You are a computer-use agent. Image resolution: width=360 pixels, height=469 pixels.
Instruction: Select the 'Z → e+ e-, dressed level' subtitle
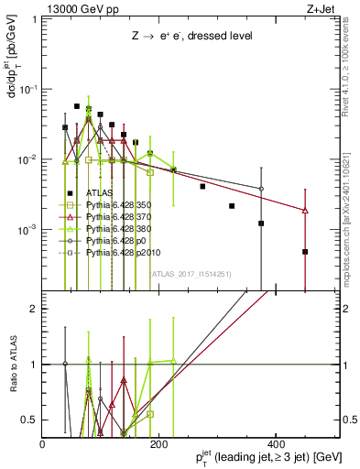point(191,36)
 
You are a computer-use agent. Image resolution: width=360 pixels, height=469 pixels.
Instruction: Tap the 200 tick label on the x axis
point(159,443)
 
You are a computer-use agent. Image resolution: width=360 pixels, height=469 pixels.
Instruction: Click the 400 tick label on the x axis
point(274,443)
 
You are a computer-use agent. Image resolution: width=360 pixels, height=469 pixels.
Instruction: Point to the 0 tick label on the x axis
point(43,443)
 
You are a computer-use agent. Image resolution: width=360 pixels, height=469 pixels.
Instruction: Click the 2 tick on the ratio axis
point(35,309)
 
